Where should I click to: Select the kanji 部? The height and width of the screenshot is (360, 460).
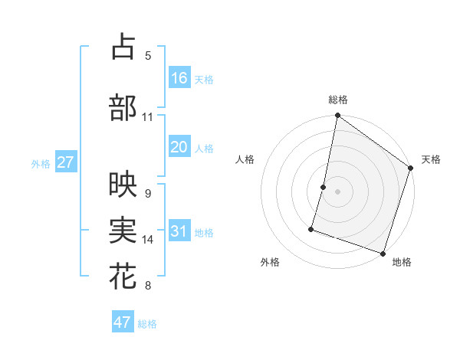[123, 108]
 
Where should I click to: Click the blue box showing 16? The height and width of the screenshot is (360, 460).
[179, 78]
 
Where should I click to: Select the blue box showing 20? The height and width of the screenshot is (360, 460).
[179, 147]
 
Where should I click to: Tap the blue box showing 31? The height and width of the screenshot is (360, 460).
[179, 231]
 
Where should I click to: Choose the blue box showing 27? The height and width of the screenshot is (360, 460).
[65, 162]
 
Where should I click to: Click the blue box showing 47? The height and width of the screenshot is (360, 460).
[123, 322]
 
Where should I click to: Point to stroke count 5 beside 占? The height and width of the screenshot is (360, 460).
[148, 56]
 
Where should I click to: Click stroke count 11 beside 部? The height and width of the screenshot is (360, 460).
[148, 117]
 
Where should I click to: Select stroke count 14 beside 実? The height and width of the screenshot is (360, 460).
[148, 240]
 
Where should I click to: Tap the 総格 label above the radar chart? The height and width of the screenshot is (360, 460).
[338, 100]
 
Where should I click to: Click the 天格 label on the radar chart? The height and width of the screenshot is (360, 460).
[431, 159]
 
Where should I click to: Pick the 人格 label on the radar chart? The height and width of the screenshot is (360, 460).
[245, 159]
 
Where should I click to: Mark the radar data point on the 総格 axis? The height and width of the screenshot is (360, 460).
[337, 116]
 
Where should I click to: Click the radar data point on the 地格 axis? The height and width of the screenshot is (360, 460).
[382, 252]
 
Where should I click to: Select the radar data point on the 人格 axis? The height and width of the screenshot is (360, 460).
[324, 187]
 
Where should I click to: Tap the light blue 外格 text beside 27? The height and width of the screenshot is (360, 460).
[41, 163]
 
